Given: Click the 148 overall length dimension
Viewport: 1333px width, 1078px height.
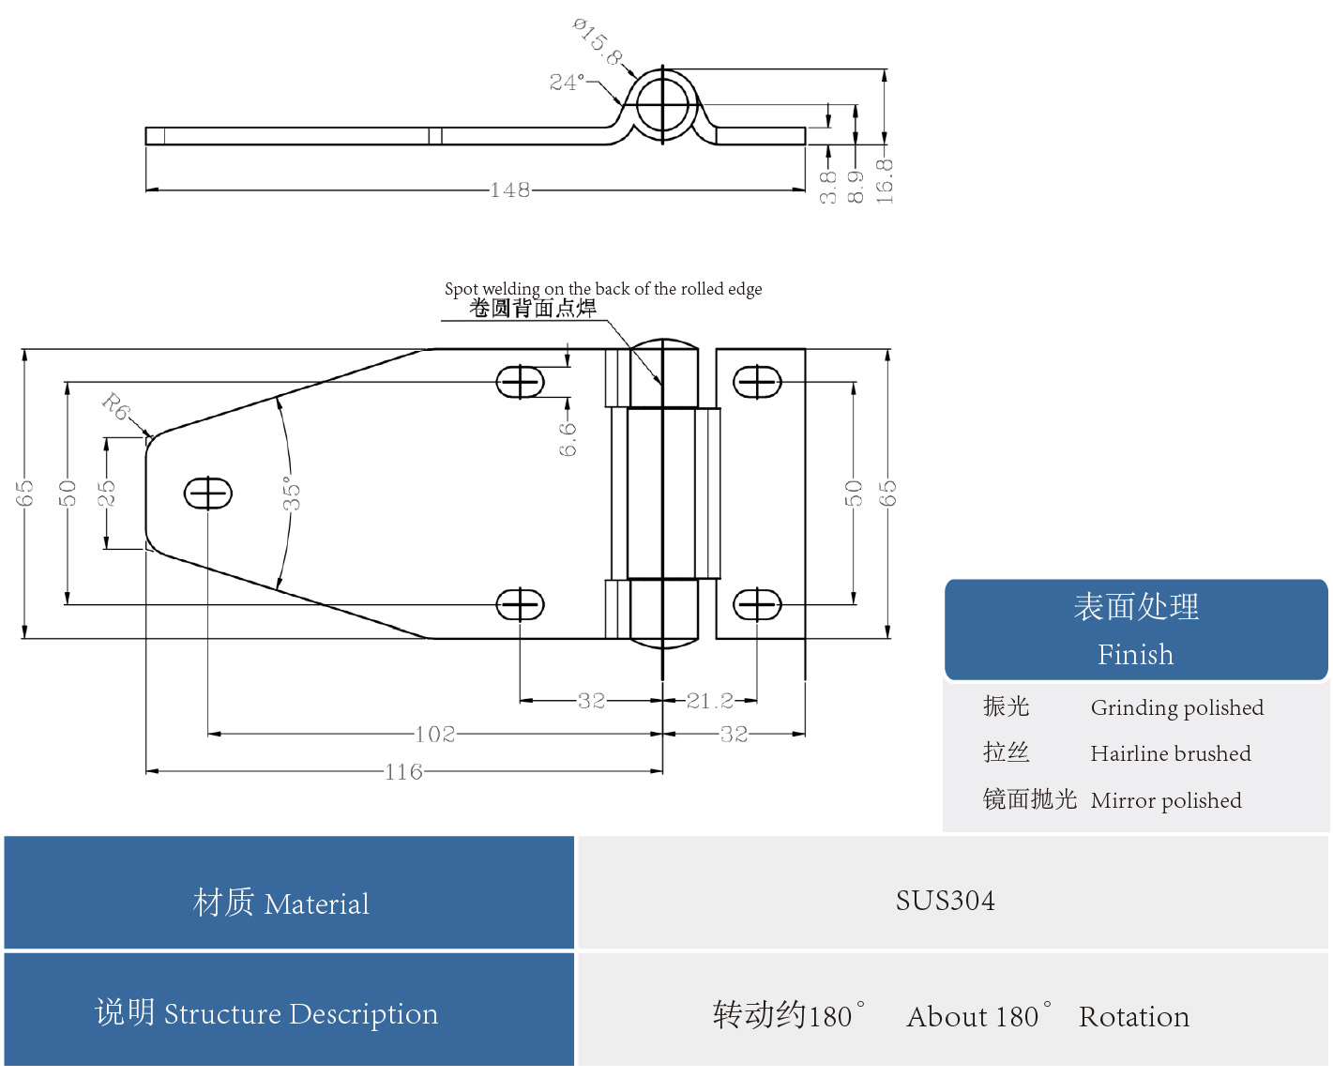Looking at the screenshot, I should [509, 190].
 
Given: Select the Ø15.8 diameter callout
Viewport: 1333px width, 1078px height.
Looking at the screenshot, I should [598, 42].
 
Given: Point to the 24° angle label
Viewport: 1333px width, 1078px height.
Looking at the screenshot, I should [567, 83].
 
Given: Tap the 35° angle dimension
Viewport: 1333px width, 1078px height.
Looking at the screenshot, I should [292, 493].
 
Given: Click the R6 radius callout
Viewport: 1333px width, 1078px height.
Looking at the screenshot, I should [116, 406].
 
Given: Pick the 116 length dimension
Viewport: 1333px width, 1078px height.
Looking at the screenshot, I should [403, 772].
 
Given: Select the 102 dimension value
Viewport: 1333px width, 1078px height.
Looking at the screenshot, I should [434, 735].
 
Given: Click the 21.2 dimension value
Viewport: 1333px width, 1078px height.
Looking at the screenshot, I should [710, 701].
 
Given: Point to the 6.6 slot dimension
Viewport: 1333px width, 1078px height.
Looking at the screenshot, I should [568, 439].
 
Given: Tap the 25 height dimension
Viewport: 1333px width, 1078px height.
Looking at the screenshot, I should [106, 493].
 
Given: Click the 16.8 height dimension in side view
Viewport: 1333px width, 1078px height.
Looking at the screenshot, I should [885, 181].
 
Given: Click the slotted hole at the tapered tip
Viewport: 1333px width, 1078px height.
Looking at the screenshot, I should [207, 493].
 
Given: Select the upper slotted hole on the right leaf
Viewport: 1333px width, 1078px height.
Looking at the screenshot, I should [756, 383].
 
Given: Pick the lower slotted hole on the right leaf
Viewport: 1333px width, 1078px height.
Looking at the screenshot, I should [756, 605].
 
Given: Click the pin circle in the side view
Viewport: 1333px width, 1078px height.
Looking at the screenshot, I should [662, 104].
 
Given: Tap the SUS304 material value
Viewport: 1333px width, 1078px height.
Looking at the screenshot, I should [945, 901].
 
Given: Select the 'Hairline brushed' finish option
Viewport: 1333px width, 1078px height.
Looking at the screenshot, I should [1170, 753].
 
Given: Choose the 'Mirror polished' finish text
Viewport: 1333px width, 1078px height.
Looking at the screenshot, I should [1165, 800].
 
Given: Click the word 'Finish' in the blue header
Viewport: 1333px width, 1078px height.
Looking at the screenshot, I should [1135, 654].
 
